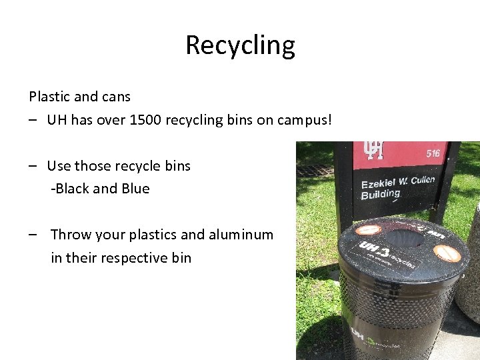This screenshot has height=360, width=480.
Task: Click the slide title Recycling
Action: click(x=240, y=45)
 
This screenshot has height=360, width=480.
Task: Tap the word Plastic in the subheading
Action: click(x=49, y=97)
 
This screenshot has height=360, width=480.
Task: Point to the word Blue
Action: click(x=135, y=189)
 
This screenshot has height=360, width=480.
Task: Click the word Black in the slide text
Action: click(x=73, y=189)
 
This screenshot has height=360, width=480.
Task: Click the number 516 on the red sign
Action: click(x=434, y=153)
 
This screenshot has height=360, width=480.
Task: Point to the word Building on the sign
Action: click(x=380, y=195)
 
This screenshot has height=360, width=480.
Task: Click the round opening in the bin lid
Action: click(x=403, y=236)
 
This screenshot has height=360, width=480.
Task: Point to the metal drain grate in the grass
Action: click(x=315, y=170)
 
